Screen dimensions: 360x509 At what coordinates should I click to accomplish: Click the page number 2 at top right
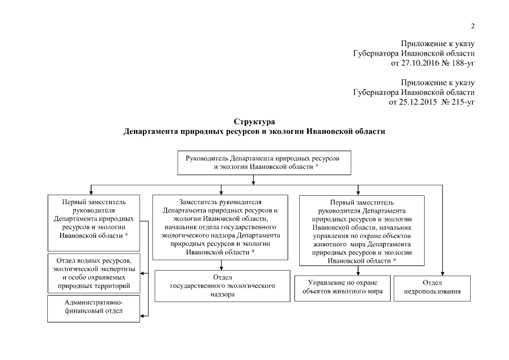click(472, 26)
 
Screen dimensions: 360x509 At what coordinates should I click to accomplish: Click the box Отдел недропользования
click(431, 287)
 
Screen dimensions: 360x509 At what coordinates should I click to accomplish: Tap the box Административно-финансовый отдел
click(94, 309)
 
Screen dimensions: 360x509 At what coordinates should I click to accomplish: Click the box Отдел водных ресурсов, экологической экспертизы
click(94, 273)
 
